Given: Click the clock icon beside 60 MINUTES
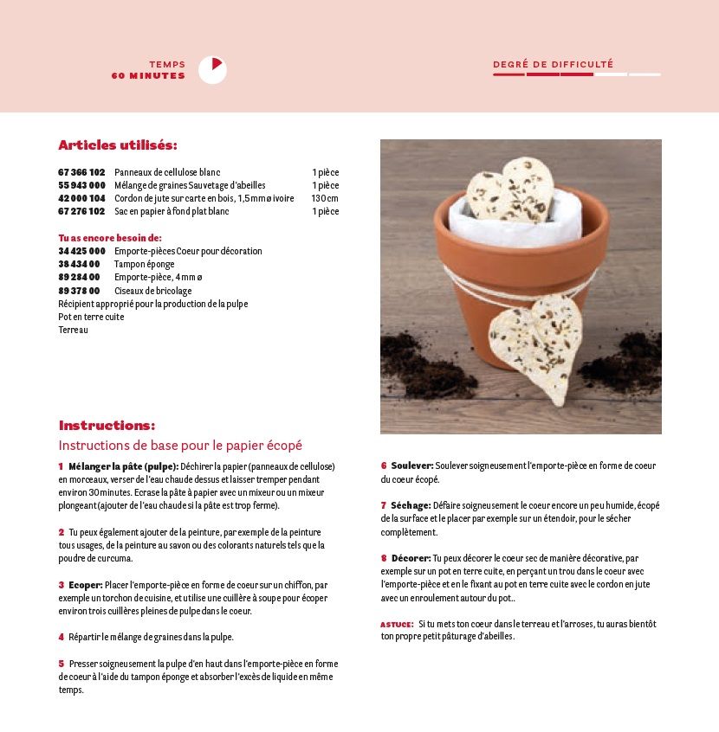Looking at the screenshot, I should [x=212, y=70].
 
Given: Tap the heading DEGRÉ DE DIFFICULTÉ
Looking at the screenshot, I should [x=553, y=64].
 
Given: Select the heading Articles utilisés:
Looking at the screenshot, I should [x=117, y=145].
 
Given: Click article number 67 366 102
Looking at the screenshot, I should [x=81, y=172].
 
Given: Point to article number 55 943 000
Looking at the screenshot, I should [x=81, y=185].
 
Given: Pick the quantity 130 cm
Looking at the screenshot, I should [x=325, y=198].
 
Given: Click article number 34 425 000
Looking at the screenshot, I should [x=81, y=251].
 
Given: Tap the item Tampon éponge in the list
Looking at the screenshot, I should [x=144, y=264].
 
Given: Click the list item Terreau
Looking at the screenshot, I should [x=74, y=330].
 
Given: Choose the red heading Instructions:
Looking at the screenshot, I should [x=107, y=425].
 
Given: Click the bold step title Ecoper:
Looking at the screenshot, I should [x=87, y=585].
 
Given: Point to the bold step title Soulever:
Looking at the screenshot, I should [x=411, y=466].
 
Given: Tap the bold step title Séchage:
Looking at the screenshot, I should [x=411, y=505].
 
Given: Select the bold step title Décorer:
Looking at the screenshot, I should [x=411, y=558].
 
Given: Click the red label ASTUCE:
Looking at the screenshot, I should [x=397, y=624].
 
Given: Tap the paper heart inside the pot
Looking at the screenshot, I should [x=510, y=190].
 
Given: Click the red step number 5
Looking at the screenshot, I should [x=62, y=664].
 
